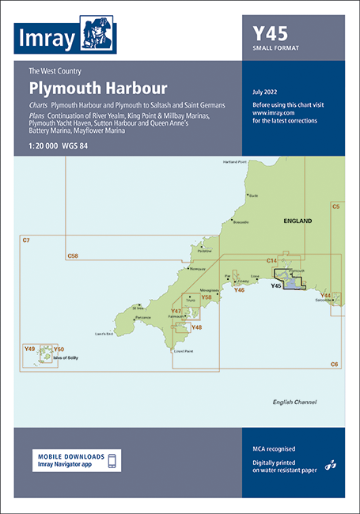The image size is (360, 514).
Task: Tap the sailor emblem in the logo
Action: coord(97,33)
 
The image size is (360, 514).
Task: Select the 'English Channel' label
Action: coord(294,402)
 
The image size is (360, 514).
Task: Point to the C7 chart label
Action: coord(26,239)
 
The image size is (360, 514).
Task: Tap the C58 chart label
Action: coord(73,255)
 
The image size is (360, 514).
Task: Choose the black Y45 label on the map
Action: coord(277,285)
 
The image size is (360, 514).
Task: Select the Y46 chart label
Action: coord(239,290)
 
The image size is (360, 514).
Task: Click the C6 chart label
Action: coord(335,363)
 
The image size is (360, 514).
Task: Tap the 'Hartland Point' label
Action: coord(235,162)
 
